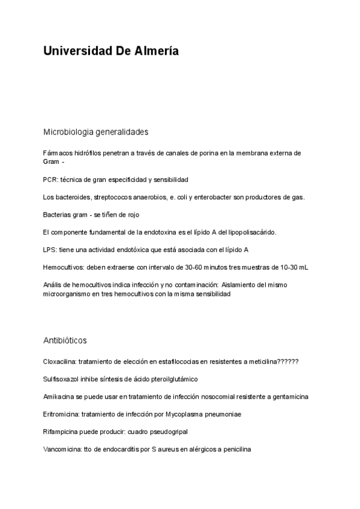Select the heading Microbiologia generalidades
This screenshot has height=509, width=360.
point(96,131)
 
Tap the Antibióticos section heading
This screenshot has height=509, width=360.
point(65,341)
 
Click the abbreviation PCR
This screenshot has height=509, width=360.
point(50,179)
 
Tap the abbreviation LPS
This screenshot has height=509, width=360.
point(50,249)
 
